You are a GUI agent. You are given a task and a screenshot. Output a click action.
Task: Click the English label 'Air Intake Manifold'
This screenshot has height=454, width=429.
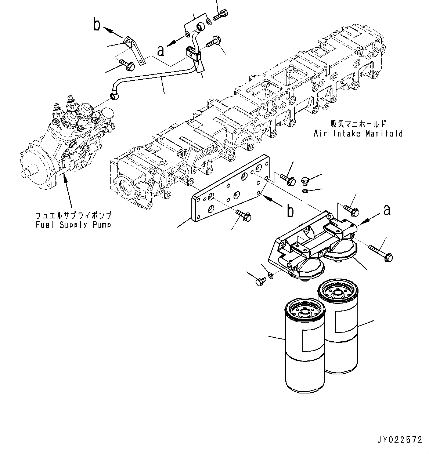click(x=358, y=134)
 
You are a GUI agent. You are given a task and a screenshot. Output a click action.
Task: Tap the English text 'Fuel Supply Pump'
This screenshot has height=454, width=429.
click(x=73, y=225)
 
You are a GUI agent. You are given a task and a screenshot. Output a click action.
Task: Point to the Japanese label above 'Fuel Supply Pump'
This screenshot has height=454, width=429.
click(x=73, y=215)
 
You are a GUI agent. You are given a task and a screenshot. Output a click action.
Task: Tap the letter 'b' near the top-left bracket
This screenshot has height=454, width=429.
click(x=97, y=25)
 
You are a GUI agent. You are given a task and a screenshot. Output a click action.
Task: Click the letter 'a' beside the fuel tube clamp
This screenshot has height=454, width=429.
click(x=161, y=50)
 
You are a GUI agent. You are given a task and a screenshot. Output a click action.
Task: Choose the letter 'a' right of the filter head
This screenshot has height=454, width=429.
click(x=386, y=210)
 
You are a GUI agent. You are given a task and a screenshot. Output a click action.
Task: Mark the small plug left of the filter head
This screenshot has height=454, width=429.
click(x=260, y=282)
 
